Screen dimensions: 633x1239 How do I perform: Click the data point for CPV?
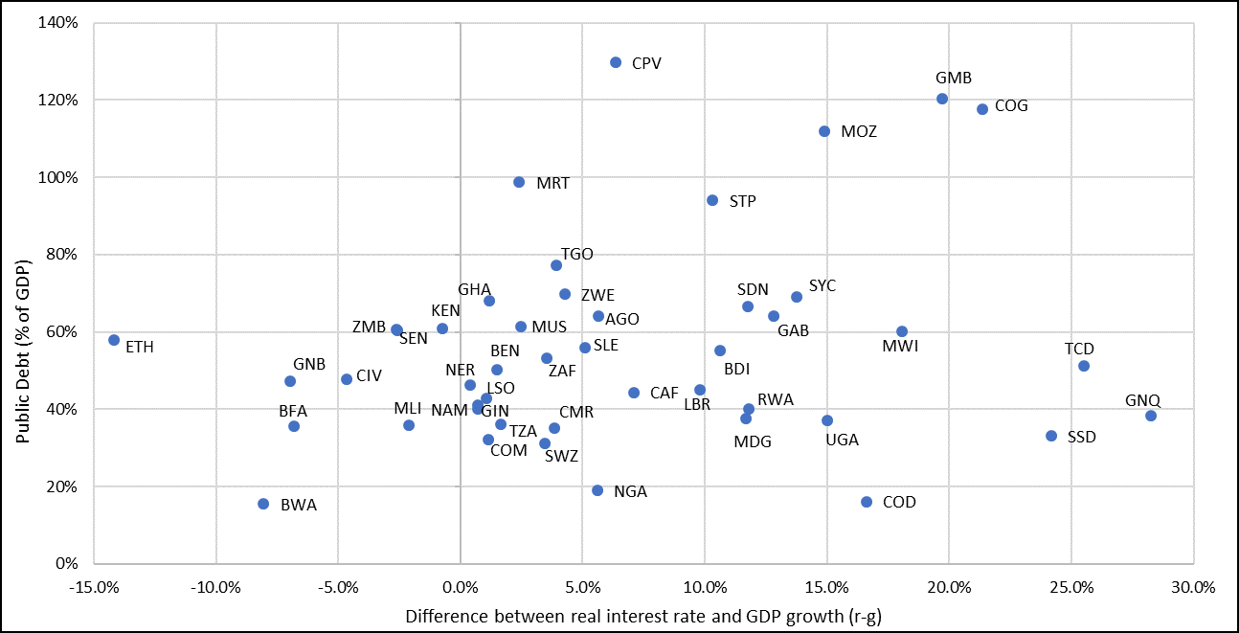point(616,62)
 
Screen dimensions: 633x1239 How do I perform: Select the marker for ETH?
point(114,340)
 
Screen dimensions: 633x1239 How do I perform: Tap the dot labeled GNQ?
point(1151,416)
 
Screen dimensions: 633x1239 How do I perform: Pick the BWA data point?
point(263,504)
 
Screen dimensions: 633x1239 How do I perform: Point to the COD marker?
point(867,502)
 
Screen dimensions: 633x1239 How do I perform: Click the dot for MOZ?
point(824,131)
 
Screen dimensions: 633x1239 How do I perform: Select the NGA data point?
point(597,490)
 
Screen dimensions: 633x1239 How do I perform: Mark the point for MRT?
point(519,182)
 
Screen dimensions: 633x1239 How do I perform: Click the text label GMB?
point(954,79)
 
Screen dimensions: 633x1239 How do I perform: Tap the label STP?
point(742,201)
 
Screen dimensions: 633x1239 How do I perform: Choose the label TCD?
point(1079,350)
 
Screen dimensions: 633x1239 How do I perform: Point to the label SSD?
point(1081,437)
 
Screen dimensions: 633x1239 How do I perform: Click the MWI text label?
point(900,347)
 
